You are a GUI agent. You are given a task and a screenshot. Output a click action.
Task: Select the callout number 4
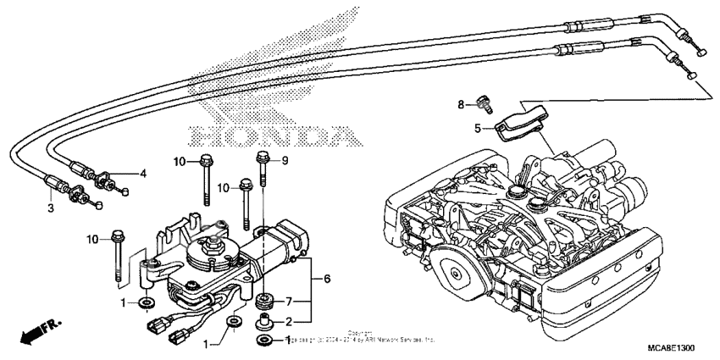[143, 173]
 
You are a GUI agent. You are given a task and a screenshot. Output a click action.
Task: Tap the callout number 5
[477, 129]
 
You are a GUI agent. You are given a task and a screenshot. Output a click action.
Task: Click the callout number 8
[462, 104]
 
